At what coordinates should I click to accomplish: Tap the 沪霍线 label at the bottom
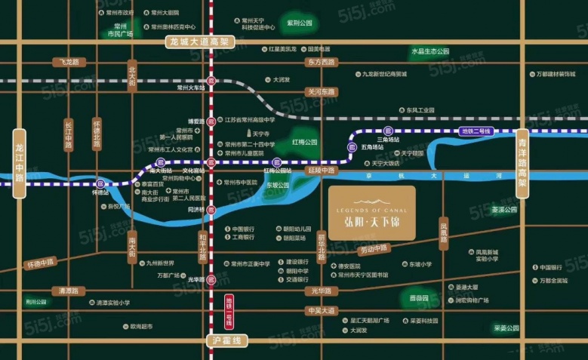pos(226,341)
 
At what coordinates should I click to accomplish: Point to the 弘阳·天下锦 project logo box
pos(371,213)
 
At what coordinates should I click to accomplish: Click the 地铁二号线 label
pos(475,131)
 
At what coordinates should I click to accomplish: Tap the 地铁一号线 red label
pos(229,311)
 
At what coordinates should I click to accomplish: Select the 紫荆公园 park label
pos(299,23)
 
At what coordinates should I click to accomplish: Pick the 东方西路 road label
pos(321,63)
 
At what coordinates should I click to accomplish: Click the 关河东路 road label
pos(320,91)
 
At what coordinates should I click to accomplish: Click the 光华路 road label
pos(321,290)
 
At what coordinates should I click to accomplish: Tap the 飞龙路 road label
pos(66,62)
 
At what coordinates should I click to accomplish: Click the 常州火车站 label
pos(191,88)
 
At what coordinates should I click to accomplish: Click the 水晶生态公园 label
pos(430,51)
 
